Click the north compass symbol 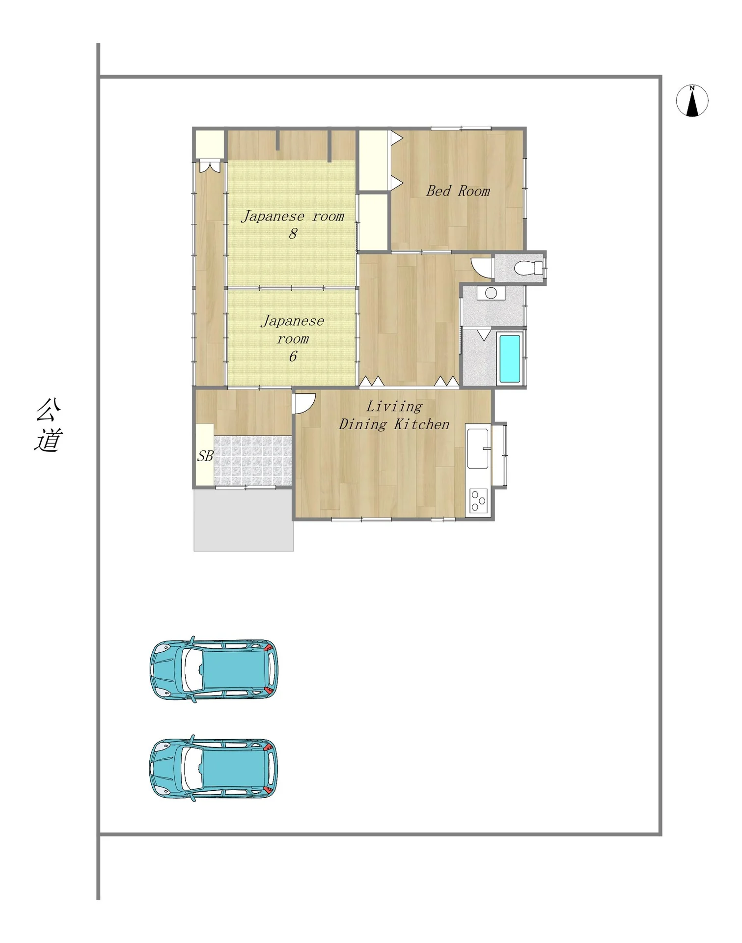tap(692, 101)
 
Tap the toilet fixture tap(528, 268)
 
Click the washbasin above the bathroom tap(491, 293)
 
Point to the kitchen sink tap(478, 448)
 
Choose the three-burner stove tap(478, 501)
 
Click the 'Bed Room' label tap(458, 191)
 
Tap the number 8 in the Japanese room tap(293, 233)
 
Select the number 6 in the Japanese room tap(293, 356)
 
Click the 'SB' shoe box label tap(205, 456)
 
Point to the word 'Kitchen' tap(422, 424)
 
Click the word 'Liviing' tap(394, 407)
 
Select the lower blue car tap(214, 768)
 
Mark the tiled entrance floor tap(253, 461)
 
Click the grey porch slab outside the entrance tap(244, 520)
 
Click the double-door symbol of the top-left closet tap(210, 167)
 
